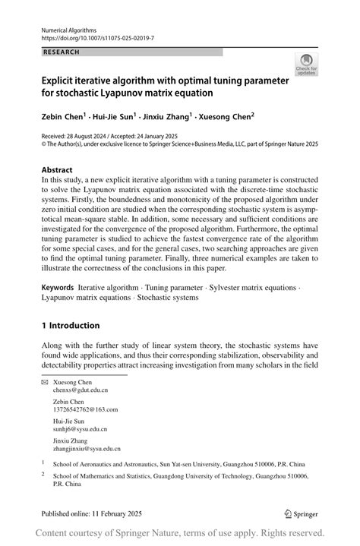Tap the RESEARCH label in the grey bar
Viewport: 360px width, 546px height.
[62, 52]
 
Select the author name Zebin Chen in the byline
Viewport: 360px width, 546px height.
[63, 118]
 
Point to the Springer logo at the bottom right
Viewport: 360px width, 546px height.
[302, 513]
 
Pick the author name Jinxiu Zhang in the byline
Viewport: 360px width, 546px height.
[167, 118]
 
